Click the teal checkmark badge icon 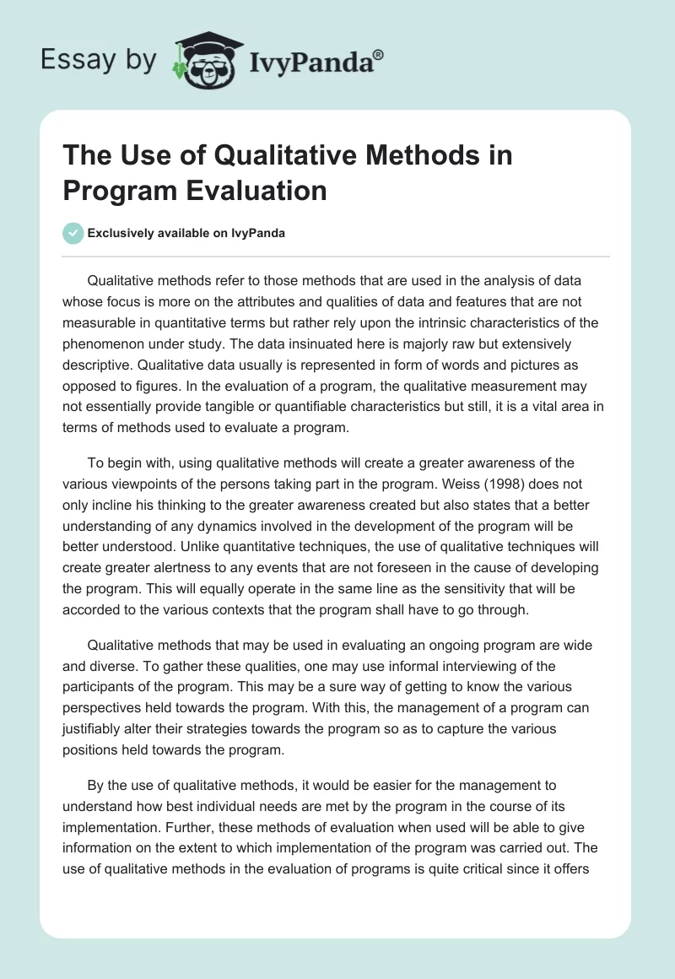click(x=73, y=233)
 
